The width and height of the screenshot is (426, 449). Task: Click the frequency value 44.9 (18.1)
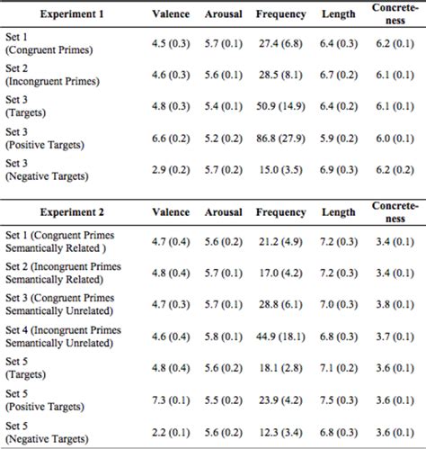pyautogui.click(x=280, y=337)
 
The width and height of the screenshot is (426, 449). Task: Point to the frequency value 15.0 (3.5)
pyautogui.click(x=280, y=169)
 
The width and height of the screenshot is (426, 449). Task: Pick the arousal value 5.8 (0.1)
pyautogui.click(x=223, y=337)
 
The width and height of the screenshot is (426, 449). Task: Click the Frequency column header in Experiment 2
pyautogui.click(x=280, y=212)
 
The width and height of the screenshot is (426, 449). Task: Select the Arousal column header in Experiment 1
pyautogui.click(x=223, y=15)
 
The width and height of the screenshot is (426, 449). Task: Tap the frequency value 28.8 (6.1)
pyautogui.click(x=280, y=305)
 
